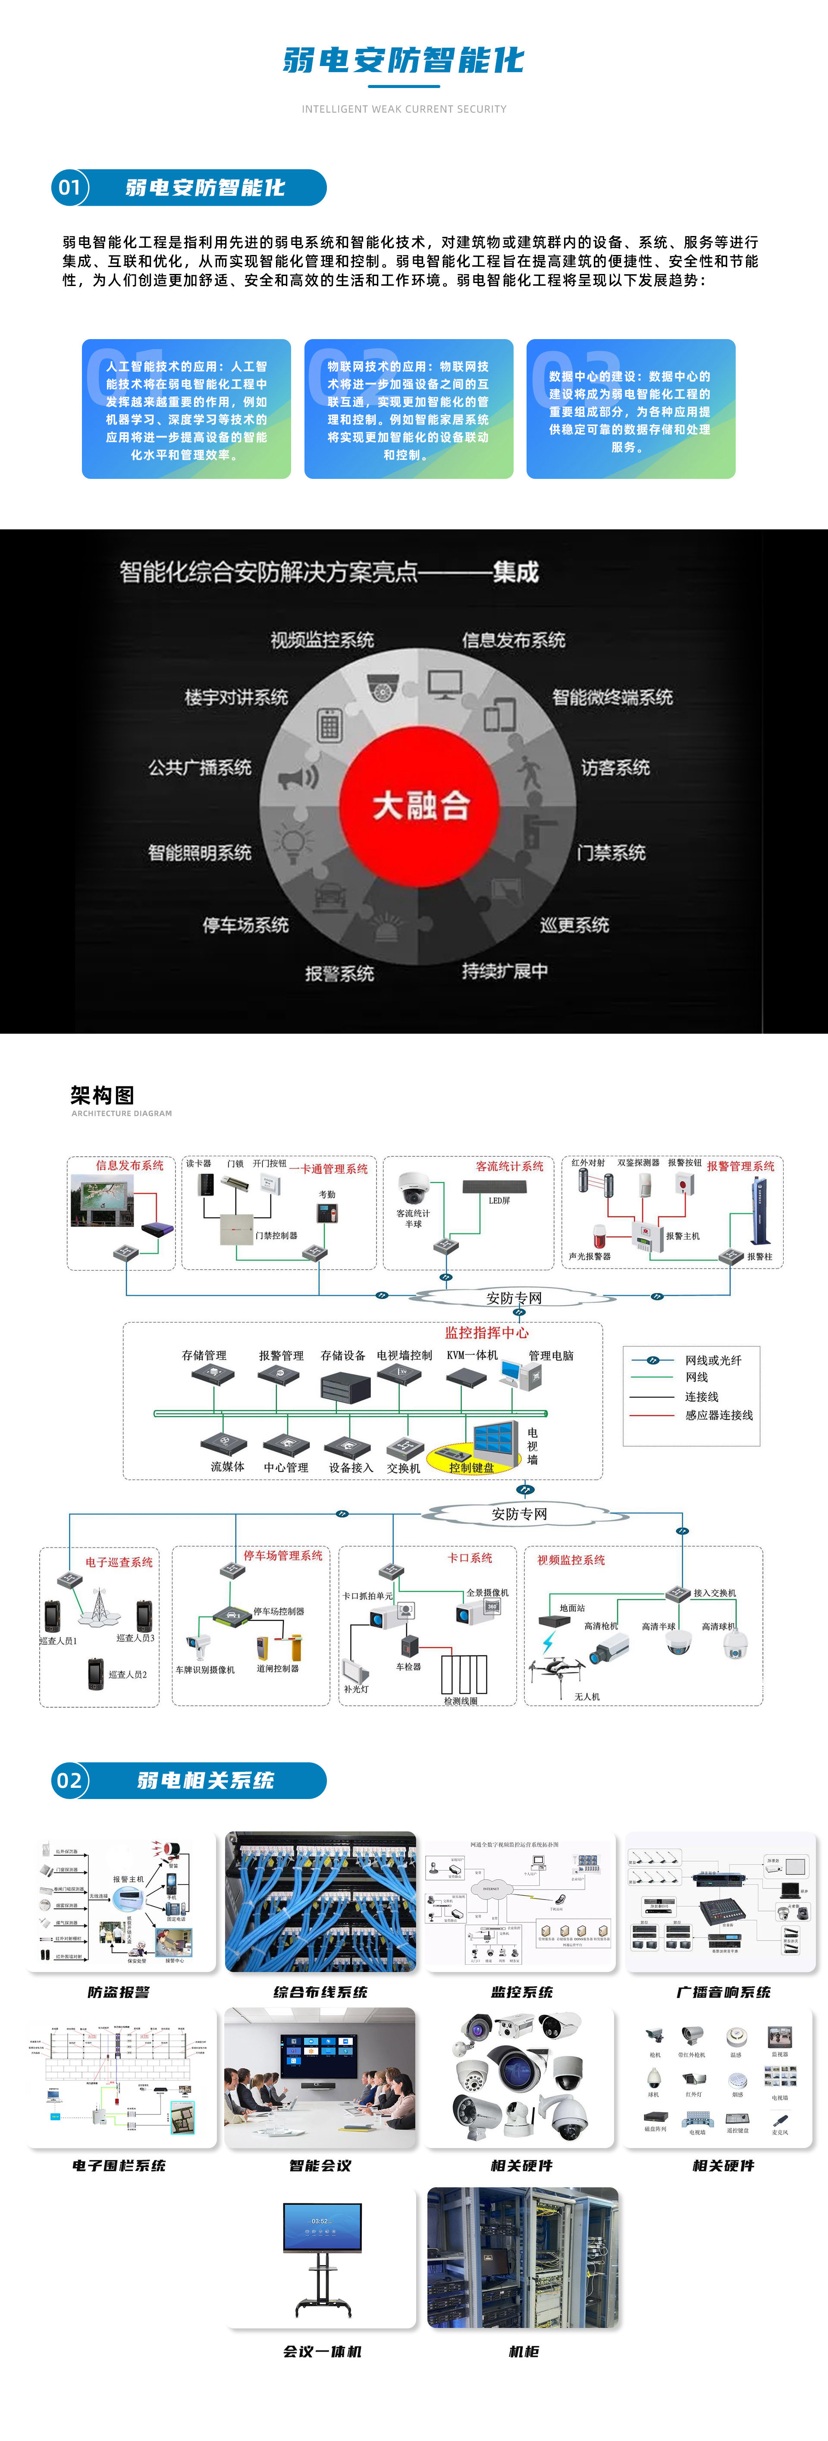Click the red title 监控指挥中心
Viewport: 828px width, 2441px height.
point(487,1332)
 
